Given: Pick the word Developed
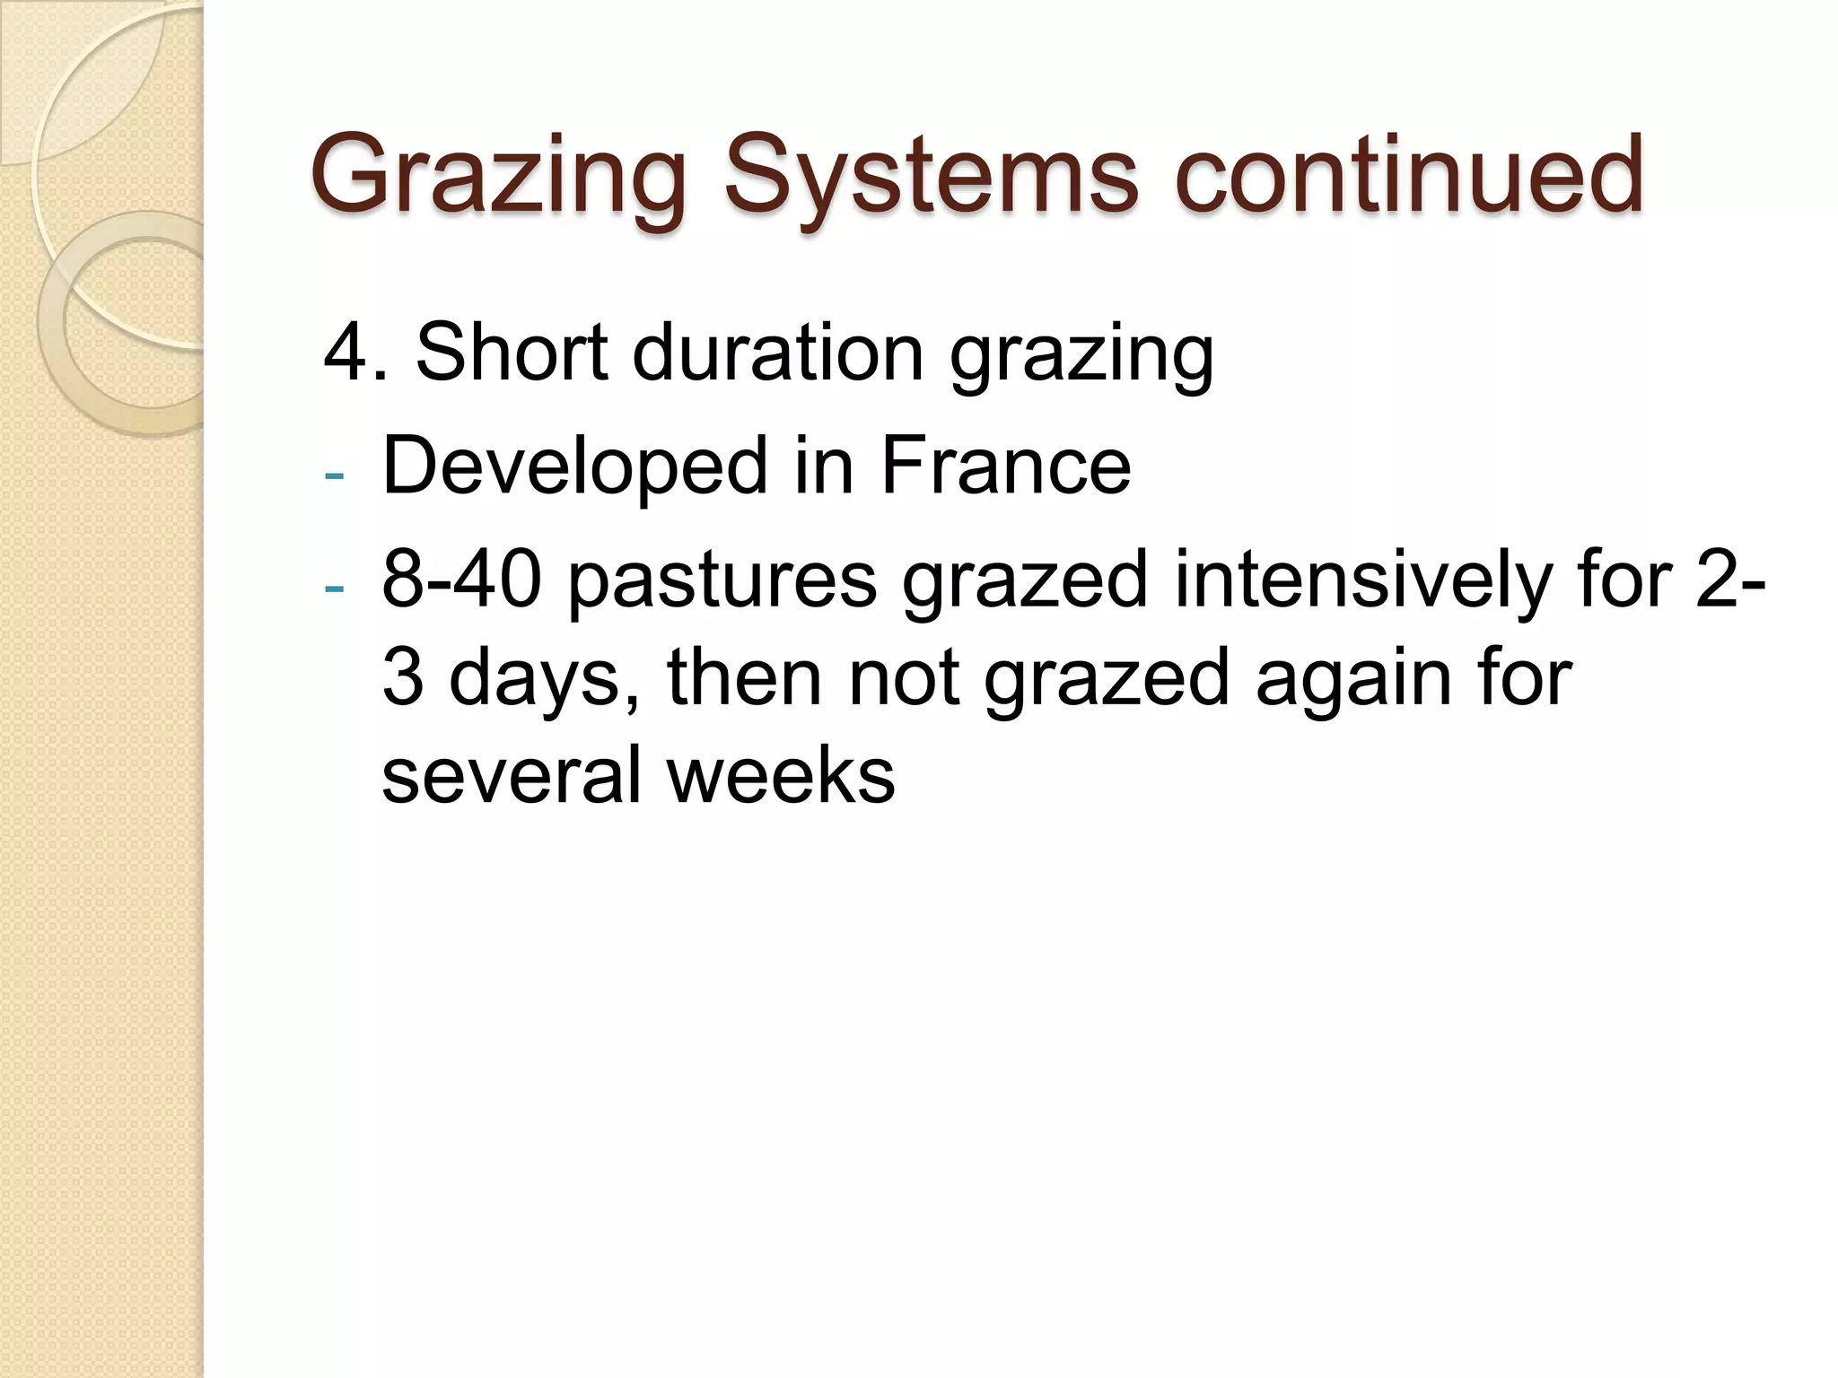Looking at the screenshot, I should click(x=575, y=466).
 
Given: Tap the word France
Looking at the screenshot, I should click(x=1005, y=466).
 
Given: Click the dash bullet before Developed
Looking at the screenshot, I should click(x=334, y=475).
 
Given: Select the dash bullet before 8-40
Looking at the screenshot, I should click(x=334, y=589).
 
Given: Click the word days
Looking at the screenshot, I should click(x=543, y=678).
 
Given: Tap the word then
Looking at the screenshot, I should click(x=744, y=678).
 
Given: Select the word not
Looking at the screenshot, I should click(x=903, y=678).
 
